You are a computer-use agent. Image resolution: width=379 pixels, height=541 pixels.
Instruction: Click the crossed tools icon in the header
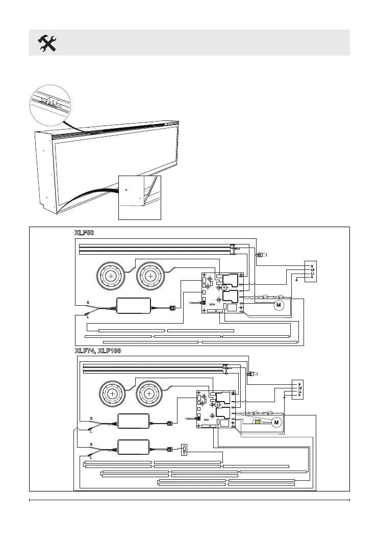pos(47,43)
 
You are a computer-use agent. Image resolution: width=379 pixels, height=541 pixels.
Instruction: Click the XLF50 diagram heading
pos(85,232)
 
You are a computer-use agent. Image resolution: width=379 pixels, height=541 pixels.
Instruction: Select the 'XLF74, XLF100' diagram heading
pos(97,351)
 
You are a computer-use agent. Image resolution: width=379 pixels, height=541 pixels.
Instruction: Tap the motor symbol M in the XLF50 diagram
pos(279,305)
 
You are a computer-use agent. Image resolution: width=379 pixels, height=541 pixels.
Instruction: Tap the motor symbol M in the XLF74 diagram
pos(276,422)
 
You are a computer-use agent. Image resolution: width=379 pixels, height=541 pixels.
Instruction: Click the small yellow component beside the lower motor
pos(258,422)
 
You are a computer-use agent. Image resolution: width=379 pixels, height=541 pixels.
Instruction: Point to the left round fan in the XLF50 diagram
pos(110,276)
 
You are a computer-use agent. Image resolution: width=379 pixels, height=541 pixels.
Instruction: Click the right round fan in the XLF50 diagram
pos(150,276)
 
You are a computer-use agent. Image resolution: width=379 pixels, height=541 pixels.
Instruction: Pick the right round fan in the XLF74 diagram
pos(148,394)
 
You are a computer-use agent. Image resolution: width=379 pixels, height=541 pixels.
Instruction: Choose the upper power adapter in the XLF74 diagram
pos(134,421)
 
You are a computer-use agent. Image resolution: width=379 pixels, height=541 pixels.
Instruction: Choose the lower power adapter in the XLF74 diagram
pos(134,448)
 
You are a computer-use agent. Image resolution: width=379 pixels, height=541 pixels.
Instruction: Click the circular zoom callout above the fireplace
pos(49,105)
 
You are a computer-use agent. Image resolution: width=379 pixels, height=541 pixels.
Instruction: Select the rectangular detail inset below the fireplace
pos(139,198)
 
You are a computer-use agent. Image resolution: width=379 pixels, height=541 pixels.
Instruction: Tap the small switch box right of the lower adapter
pos(185,450)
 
